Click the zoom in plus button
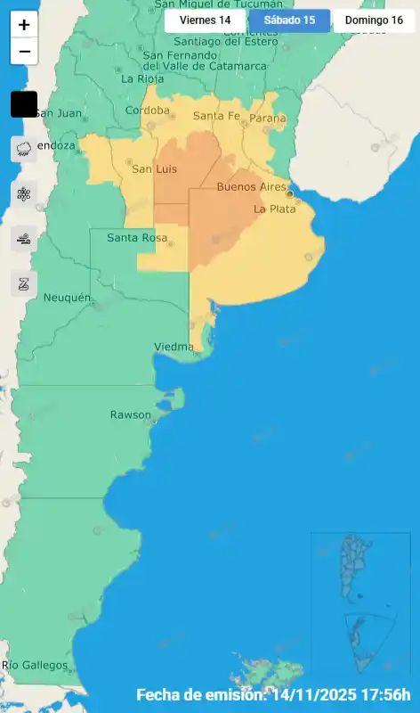coord(24,25)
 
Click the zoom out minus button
coord(24,52)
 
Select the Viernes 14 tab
coord(205,20)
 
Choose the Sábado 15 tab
coord(289,20)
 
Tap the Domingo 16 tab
coord(374,20)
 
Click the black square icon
coord(24,104)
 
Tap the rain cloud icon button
coord(24,149)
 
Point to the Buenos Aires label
coord(252,187)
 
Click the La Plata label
coord(273,209)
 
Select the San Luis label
coord(154,169)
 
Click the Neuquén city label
coord(68,298)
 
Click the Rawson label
coord(131,414)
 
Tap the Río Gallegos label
coord(35,665)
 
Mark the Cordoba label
coord(147,111)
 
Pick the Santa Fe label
coord(216,116)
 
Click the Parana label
coord(268,118)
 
